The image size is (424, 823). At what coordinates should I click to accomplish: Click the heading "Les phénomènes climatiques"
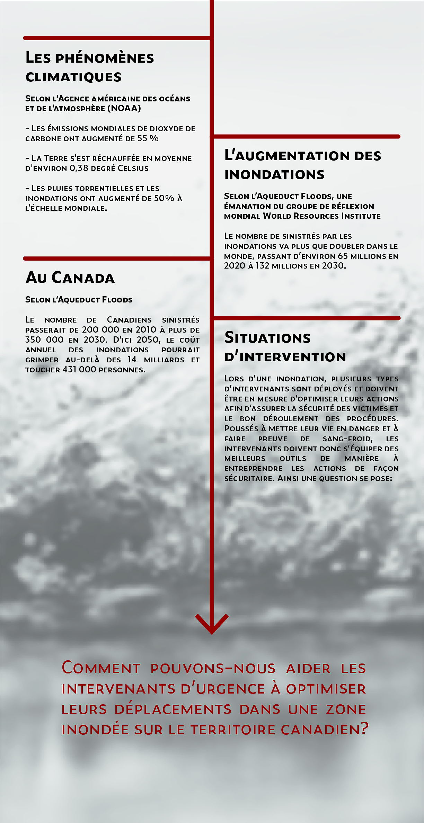click(90, 67)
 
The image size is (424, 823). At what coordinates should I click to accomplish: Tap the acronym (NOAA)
click(124, 108)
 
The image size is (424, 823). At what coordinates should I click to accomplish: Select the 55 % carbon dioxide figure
click(148, 138)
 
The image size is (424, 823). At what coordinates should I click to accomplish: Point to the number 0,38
click(79, 168)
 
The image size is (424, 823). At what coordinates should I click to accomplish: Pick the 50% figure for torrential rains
click(164, 198)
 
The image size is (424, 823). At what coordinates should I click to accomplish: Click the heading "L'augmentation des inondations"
click(302, 165)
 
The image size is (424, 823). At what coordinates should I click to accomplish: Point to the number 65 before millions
click(343, 256)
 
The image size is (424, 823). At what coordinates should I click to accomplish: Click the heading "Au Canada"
click(70, 278)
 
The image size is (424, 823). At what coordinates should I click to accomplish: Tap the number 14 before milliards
click(132, 360)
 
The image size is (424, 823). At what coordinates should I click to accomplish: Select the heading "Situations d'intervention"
click(285, 347)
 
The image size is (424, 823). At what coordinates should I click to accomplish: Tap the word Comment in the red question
click(101, 668)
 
